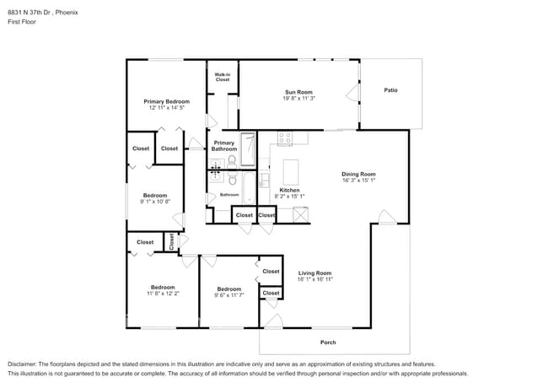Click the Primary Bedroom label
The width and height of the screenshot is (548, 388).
(x=166, y=101)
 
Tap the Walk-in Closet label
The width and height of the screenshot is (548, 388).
(x=223, y=77)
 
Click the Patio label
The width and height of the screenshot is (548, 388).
(x=390, y=90)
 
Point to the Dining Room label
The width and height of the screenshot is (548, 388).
(x=358, y=174)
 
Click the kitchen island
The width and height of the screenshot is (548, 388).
(x=291, y=172)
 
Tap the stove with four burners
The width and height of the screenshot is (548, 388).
(x=285, y=137)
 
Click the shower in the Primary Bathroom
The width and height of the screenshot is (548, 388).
(x=248, y=149)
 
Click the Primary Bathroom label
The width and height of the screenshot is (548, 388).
(x=224, y=146)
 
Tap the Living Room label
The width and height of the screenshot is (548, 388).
(x=314, y=273)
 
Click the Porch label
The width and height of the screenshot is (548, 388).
(x=329, y=342)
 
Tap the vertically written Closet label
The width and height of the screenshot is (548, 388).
(x=170, y=241)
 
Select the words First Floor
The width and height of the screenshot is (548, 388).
(x=23, y=23)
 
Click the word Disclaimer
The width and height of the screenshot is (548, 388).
(x=24, y=364)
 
